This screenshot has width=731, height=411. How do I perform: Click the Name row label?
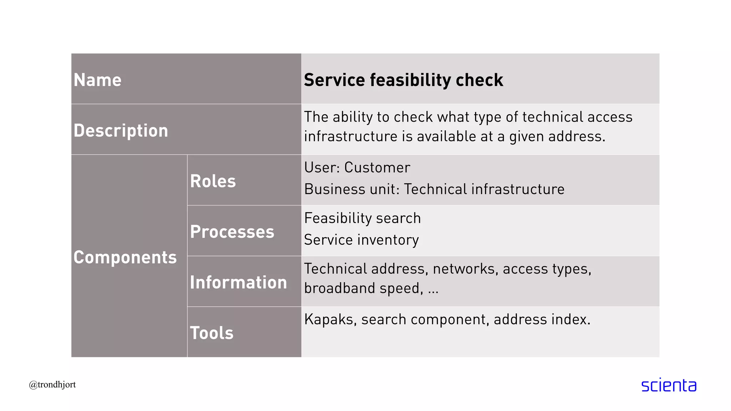[x=97, y=80]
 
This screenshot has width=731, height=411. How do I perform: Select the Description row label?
[x=121, y=131]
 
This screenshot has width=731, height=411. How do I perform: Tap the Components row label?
[x=125, y=257]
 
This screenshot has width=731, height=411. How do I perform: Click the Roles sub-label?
[x=213, y=181]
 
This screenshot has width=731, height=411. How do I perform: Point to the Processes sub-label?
[x=232, y=232]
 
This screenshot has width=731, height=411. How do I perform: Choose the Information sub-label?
[x=238, y=283]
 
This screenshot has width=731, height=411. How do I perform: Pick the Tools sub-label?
[x=212, y=333]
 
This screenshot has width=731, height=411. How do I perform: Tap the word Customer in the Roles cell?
[x=377, y=168]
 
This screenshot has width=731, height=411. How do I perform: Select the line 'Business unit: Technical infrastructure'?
[x=434, y=189]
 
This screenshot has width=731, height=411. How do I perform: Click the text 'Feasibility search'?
[x=362, y=218]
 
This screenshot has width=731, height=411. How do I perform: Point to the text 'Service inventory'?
[x=361, y=240]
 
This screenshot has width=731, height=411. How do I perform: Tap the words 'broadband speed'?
[x=363, y=288]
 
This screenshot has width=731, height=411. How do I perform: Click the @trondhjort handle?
[x=52, y=385]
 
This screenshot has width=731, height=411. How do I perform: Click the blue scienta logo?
[x=669, y=385]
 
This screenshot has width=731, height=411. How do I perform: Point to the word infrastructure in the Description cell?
[x=351, y=137]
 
